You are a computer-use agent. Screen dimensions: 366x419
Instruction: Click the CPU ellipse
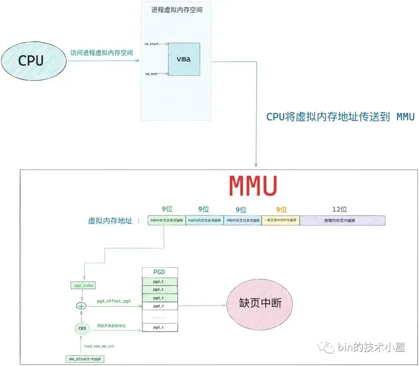pos(31,61)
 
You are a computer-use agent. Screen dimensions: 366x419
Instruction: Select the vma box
pos(184,59)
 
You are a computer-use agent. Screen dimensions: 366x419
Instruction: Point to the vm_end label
pos(151,73)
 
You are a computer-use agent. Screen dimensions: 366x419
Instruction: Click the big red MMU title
pos(253,187)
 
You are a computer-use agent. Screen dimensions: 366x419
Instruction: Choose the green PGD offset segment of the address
pos(166,220)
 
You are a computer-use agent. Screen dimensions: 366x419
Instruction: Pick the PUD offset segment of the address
pos(204,220)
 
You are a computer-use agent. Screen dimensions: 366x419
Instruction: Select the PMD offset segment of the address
pos(242,220)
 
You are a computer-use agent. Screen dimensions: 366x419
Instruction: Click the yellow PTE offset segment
pos(280,220)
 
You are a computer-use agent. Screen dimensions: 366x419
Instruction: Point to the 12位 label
pos(339,210)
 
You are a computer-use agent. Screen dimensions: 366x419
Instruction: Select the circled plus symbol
pos(81,306)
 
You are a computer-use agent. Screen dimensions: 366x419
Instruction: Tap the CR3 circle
pos(81,328)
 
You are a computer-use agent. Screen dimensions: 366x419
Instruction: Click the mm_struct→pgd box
pos(84,359)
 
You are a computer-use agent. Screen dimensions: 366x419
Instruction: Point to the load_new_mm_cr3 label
pos(99,346)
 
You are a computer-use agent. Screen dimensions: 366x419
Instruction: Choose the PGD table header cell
pos(160,272)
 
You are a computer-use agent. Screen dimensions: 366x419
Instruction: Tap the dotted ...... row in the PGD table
pos(160,317)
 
